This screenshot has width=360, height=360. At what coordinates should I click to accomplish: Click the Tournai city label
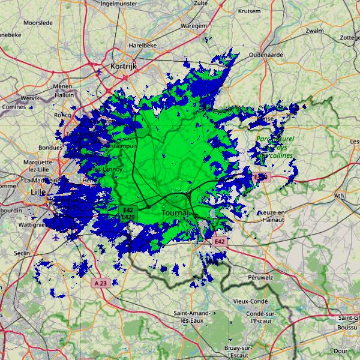click(175, 213)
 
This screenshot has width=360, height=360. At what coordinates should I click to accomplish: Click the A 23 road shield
click(101, 282)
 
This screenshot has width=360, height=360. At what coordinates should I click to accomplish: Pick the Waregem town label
click(194, 26)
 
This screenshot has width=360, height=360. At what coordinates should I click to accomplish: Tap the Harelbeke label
click(142, 45)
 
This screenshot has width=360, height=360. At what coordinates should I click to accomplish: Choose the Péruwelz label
click(260, 278)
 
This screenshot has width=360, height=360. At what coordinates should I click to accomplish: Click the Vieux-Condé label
click(251, 301)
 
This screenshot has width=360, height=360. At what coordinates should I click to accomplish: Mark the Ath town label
click(340, 196)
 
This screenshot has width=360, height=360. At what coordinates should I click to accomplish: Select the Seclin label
click(22, 253)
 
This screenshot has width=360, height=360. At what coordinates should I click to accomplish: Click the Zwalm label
click(314, 31)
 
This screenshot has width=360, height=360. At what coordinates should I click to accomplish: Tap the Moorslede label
click(38, 23)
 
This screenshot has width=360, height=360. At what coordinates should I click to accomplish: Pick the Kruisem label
click(249, 11)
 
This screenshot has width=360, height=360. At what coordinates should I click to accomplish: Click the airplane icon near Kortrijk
click(99, 72)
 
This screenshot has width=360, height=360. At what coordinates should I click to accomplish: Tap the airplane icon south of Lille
click(56, 237)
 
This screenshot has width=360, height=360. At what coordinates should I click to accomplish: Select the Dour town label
click(341, 351)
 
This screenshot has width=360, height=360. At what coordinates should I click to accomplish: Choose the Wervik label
click(30, 98)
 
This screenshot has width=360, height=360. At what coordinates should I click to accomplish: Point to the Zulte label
click(201, 3)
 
